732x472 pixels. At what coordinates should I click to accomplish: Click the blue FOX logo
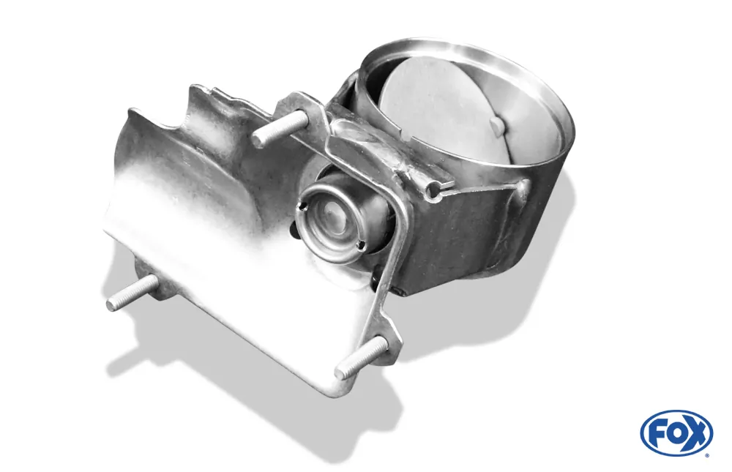point(676,432)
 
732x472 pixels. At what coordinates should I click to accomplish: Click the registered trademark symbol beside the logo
point(706,454)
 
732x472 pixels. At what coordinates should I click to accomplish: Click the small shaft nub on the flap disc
point(497,125)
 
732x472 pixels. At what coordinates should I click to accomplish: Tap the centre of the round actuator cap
point(333,219)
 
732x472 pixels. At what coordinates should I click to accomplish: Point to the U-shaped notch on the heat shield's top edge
point(179,110)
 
